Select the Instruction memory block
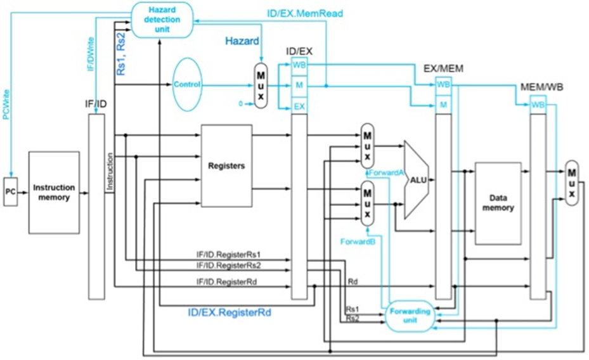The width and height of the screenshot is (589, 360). pyautogui.click(x=54, y=193)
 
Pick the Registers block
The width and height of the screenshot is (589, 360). pyautogui.click(x=226, y=165)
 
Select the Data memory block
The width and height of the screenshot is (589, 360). pyautogui.click(x=498, y=203)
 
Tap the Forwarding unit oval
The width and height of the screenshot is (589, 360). pyautogui.click(x=410, y=316)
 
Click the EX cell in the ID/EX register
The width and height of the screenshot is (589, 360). pyautogui.click(x=299, y=106)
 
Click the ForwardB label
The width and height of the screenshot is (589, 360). pyautogui.click(x=356, y=241)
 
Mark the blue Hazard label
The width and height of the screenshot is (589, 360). pyautogui.click(x=242, y=41)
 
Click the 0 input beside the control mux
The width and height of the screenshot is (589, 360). pyautogui.click(x=241, y=103)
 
